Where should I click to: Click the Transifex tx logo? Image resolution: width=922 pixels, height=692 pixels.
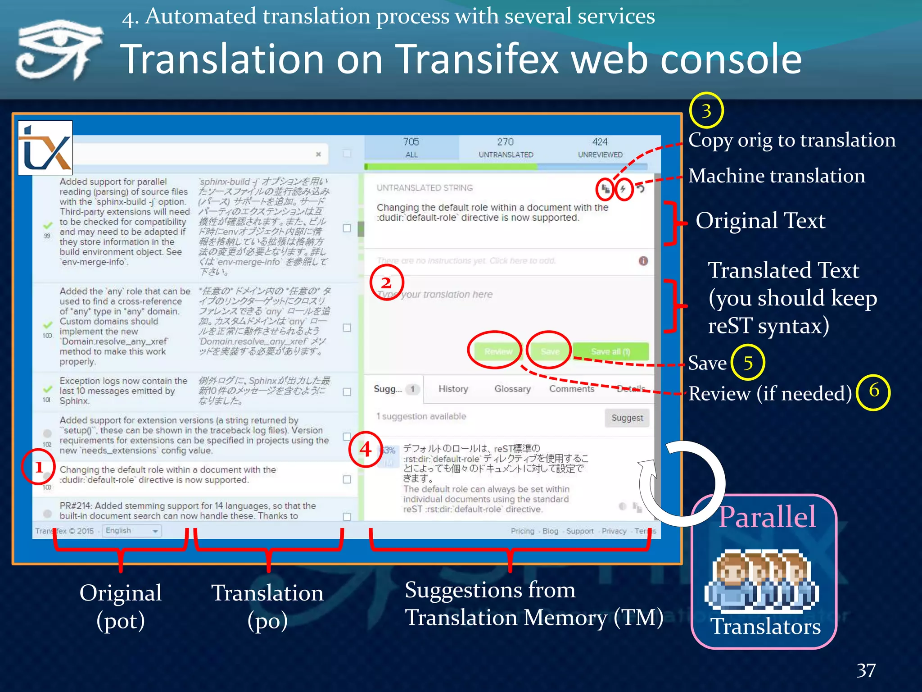coord(45,148)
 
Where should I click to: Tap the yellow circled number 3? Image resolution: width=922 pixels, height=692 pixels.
coord(706,110)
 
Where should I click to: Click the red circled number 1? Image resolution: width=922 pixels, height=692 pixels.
coord(38,467)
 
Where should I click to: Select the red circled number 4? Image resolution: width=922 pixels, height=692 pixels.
coord(366,449)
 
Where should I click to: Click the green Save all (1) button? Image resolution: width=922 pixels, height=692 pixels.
coord(610,351)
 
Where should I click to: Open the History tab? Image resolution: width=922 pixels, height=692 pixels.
coord(453,389)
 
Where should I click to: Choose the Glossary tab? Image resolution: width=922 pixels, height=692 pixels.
coord(512,389)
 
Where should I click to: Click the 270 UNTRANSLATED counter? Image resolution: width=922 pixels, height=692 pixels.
coord(506,148)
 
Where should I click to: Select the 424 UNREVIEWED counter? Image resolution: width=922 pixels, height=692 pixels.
coord(600,148)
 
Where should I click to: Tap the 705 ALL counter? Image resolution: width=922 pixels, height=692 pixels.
coord(411,148)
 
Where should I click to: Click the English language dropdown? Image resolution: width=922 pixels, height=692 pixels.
coord(131,531)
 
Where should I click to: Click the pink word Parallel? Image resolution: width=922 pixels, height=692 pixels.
coord(767,517)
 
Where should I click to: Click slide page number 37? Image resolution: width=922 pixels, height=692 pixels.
coord(866,670)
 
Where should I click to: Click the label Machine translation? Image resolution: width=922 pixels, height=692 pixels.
coord(776,176)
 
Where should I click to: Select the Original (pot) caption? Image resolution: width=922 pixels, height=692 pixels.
coord(121,606)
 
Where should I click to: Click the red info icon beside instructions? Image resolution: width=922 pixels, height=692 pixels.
coord(643,261)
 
